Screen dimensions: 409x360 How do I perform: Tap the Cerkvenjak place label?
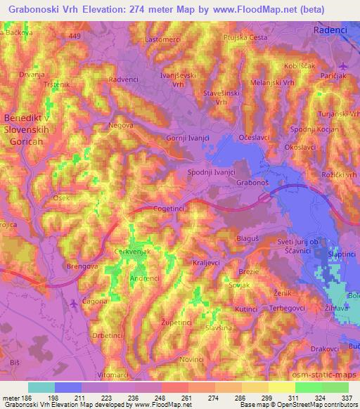[x=134, y=252]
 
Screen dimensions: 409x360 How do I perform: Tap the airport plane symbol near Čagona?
[x=75, y=303]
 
